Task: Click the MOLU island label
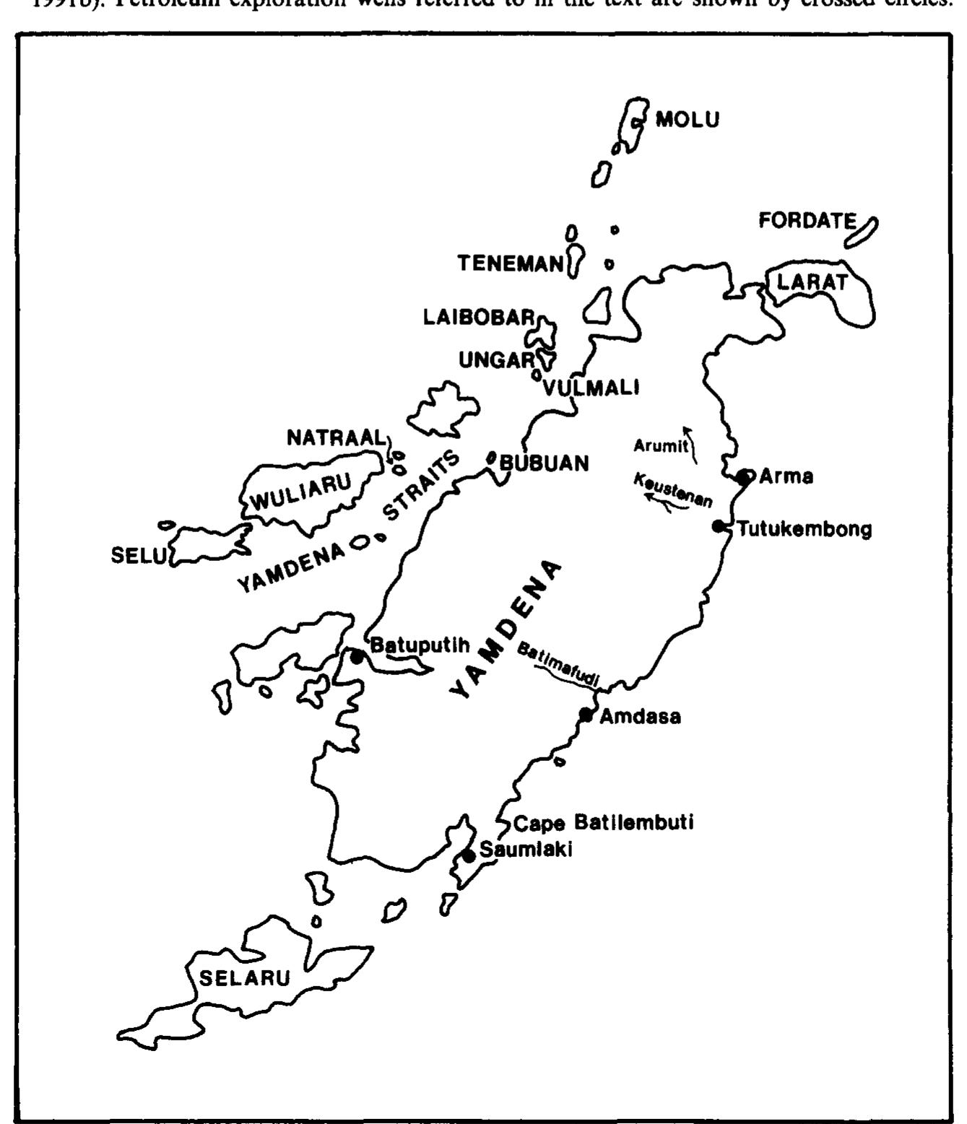point(687,121)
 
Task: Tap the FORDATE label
point(807,221)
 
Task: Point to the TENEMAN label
point(510,265)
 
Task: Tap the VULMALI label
point(591,388)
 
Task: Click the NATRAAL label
point(337,437)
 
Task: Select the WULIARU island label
point(301,491)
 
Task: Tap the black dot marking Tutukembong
point(718,526)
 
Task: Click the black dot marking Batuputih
point(356,656)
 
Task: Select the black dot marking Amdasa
point(586,715)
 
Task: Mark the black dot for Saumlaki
point(469,856)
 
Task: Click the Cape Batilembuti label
point(603,823)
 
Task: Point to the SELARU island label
point(244,979)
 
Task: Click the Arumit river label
point(661,445)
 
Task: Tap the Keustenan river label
point(673,490)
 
